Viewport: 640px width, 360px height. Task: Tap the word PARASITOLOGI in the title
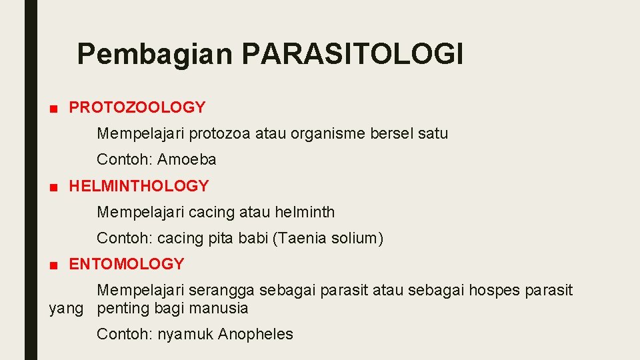click(x=353, y=53)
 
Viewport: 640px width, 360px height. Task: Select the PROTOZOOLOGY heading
click(x=137, y=107)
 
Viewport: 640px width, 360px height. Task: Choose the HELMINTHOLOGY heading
click(x=139, y=186)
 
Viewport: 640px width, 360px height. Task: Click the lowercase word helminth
click(x=305, y=213)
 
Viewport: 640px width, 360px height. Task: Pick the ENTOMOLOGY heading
click(x=126, y=264)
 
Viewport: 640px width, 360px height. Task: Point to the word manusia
click(x=221, y=308)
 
